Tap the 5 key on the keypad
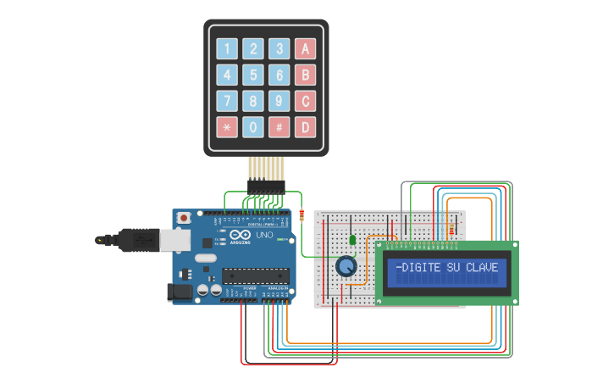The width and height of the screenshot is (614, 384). coord(253,75)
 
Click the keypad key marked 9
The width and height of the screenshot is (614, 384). coord(279,101)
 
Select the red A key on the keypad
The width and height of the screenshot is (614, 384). coord(306,48)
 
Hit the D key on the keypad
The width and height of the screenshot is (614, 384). coord(306,127)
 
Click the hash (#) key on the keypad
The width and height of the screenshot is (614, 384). coord(279,127)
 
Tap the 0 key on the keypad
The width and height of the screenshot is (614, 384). coord(253,127)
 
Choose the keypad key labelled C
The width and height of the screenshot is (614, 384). coord(306,101)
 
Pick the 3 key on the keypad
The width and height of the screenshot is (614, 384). coord(279,48)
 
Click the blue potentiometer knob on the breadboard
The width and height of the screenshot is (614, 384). coord(346,267)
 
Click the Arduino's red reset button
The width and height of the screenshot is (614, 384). coord(182,218)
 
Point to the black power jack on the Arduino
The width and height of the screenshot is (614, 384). coord(180,292)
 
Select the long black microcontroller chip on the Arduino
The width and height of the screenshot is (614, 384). coord(256,274)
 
